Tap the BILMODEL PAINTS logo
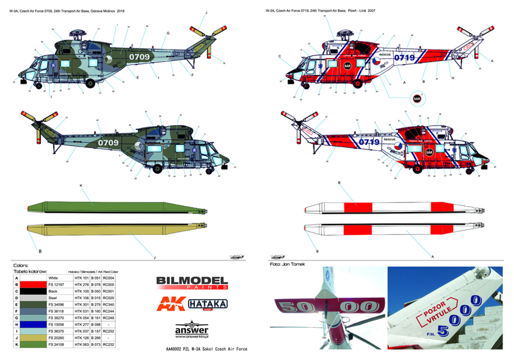click(x=191, y=282)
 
